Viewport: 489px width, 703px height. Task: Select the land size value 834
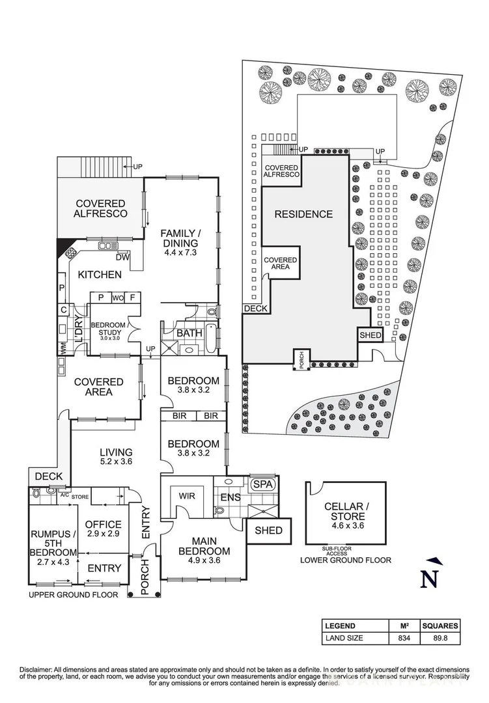coord(404,639)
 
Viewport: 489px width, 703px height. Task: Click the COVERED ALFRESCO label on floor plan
coord(100,208)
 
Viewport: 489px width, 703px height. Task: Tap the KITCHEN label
coord(100,275)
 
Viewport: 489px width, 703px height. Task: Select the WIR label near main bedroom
coord(188,496)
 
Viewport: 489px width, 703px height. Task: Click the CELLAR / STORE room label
coord(346,511)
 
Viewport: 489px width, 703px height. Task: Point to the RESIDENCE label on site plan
coord(303,214)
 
